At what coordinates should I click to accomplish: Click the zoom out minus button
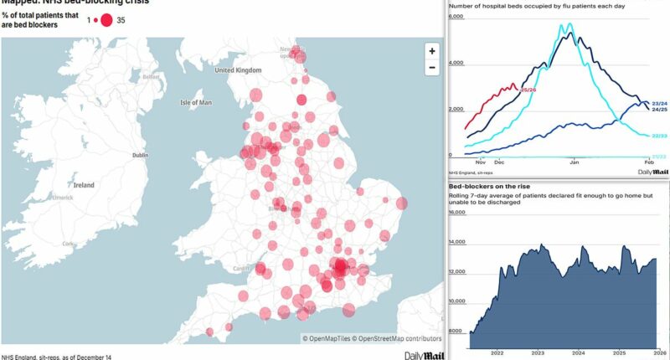[431, 67]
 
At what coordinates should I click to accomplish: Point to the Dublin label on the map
[140, 155]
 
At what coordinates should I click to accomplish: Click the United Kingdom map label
[239, 70]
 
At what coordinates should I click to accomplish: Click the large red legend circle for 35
[106, 18]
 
